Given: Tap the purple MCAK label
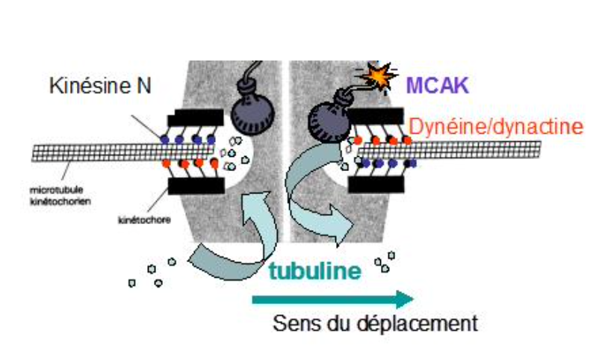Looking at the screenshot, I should coord(437,85).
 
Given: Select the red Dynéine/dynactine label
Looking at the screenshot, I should coord(495,127).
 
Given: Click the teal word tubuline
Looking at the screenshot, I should coord(314,269).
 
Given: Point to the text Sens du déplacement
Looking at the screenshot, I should coord(375,325).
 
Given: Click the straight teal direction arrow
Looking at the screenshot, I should coord(332,300).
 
